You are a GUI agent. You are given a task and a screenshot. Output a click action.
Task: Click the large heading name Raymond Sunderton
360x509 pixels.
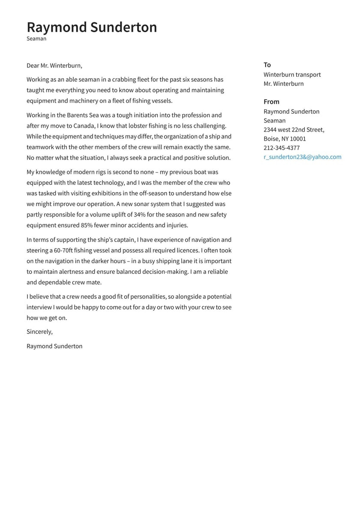[92, 27]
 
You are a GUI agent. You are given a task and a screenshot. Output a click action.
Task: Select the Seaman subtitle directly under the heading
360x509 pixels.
[36, 39]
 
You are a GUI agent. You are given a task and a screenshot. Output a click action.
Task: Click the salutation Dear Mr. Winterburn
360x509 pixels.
[54, 66]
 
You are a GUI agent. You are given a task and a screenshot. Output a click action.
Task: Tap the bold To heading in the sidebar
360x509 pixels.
[267, 65]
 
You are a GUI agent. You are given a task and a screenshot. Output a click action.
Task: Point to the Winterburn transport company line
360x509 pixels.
[292, 75]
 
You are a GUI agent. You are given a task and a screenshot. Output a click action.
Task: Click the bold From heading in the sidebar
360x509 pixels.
[271, 102]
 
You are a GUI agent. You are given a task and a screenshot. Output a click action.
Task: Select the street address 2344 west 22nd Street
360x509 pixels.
[294, 130]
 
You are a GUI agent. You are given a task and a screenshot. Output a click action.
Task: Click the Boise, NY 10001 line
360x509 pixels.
[285, 139]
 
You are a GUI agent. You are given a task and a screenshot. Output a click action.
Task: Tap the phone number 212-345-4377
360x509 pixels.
[282, 148]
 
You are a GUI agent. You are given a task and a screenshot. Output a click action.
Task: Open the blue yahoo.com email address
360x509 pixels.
[302, 157]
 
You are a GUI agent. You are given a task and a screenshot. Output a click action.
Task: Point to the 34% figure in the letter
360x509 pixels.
[139, 214]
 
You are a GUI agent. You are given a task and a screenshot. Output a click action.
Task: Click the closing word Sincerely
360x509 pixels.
[39, 331]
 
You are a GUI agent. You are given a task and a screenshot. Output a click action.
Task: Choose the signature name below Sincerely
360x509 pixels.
[54, 346]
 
